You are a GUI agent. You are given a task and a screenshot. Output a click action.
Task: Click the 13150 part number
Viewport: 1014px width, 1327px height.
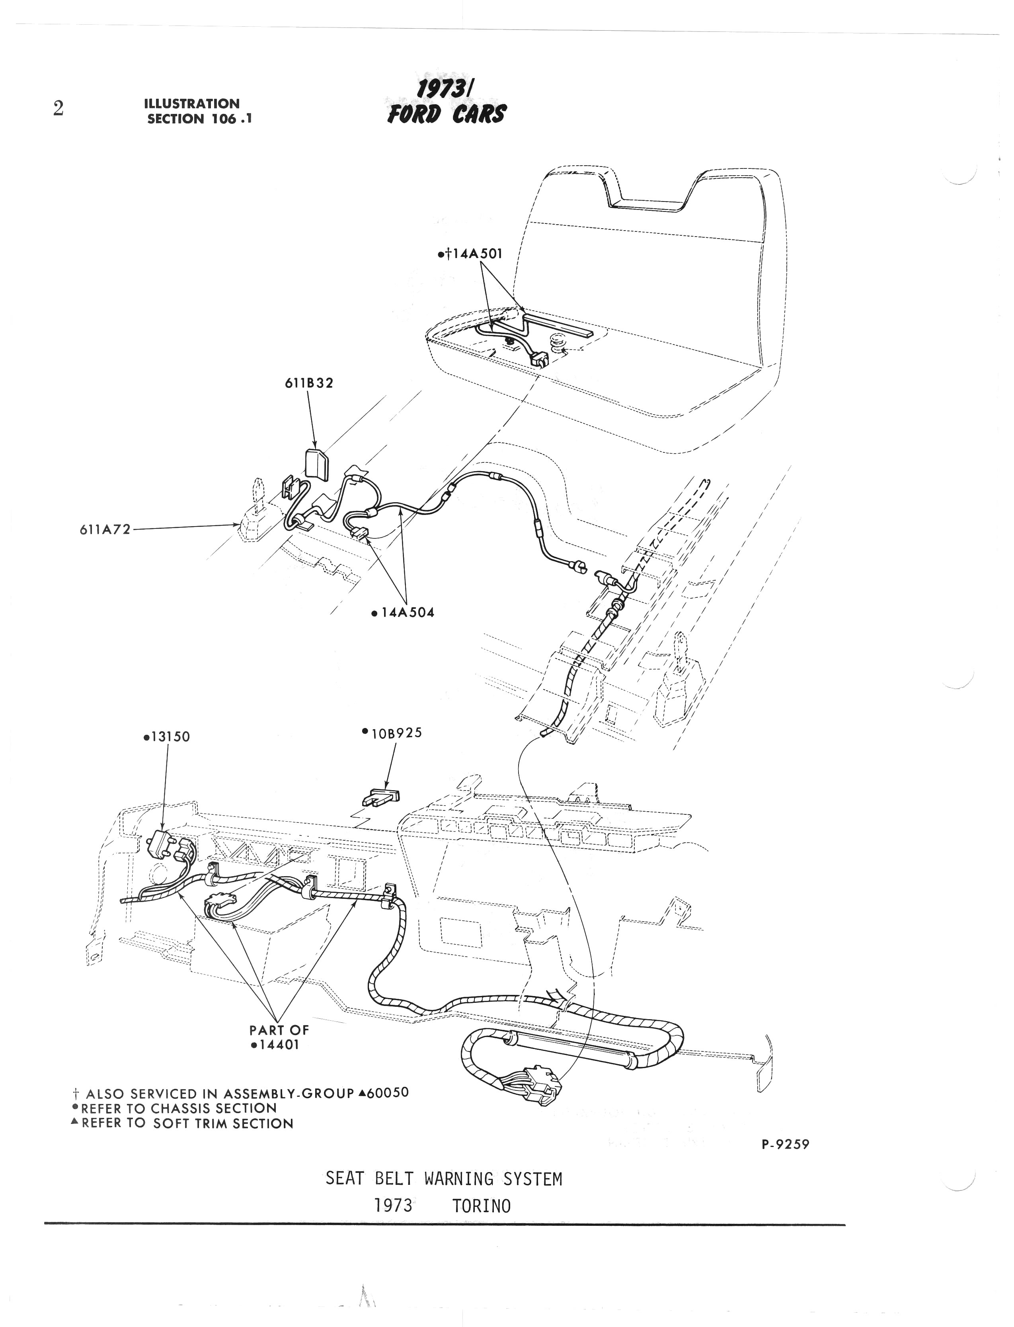click(x=168, y=737)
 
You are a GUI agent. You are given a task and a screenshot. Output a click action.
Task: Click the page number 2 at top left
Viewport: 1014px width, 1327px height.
click(x=58, y=109)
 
